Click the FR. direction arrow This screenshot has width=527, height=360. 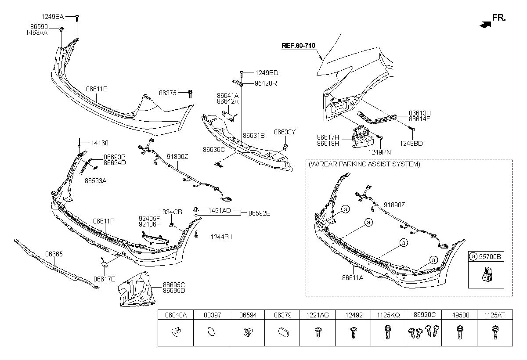coord(484,25)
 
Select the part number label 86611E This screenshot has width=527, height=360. coord(97,89)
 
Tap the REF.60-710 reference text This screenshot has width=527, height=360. coord(298,45)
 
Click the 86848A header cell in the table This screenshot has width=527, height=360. coord(176,315)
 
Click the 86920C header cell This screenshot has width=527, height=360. coord(424,315)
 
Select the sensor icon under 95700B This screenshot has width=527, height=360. coord(485,275)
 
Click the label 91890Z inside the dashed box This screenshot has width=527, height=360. coord(394,205)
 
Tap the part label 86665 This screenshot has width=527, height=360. coord(54,254)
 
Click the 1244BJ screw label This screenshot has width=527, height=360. coord(221,237)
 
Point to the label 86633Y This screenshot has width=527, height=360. coord(285,131)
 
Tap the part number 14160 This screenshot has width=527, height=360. coord(100,143)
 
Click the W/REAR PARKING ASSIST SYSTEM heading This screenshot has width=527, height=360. coord(364,164)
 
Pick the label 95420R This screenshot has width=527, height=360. coord(266,83)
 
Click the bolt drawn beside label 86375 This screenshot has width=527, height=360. coord(190,94)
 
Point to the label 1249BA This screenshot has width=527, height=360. coord(53,17)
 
